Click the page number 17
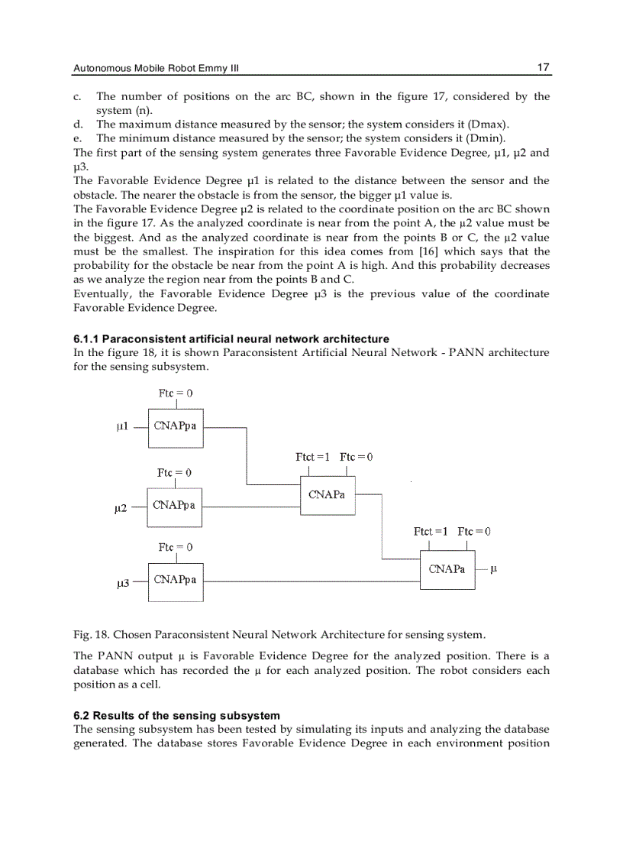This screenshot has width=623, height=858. point(543,68)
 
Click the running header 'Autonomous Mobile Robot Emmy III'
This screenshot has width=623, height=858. point(156,69)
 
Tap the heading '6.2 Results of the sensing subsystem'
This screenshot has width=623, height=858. point(176,716)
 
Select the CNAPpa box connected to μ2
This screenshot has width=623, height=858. point(175,507)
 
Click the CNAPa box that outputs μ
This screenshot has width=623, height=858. point(447,570)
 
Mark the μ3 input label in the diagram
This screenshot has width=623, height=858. point(121,583)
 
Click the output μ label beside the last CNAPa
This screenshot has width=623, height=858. point(493,569)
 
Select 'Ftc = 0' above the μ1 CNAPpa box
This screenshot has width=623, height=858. point(175,393)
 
